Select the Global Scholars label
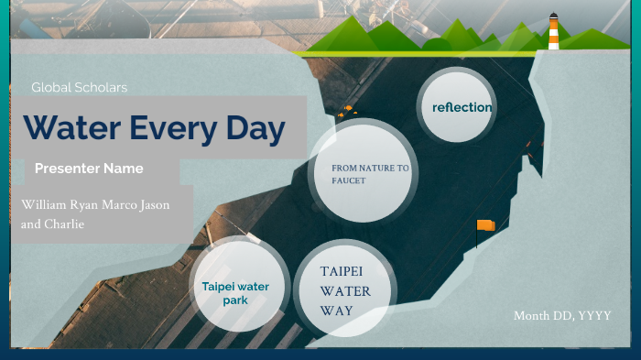point(79,88)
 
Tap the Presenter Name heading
point(89,169)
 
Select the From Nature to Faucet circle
point(369,174)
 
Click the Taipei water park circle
point(235,292)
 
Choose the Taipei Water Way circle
point(345,290)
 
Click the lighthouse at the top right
point(553,32)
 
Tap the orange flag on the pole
point(485,225)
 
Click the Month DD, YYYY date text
point(561,316)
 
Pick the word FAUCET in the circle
point(349,180)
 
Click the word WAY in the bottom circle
point(336,310)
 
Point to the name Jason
point(154,204)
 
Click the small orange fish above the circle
point(348,112)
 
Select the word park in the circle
point(235,300)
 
